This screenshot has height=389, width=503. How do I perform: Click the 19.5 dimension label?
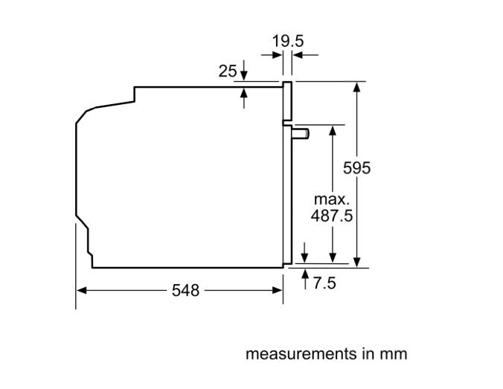coord(288,41)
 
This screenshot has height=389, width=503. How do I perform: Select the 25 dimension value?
coord(228,71)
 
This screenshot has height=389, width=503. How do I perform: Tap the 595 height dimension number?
coord(356,167)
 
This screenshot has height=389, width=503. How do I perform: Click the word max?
coord(332,199)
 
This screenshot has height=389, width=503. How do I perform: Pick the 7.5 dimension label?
coord(324,283)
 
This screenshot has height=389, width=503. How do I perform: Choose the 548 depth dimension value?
coord(185,291)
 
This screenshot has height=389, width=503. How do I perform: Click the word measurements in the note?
coord(301,354)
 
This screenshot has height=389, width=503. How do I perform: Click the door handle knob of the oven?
coord(301,134)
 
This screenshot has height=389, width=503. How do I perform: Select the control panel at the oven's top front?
coord(287,101)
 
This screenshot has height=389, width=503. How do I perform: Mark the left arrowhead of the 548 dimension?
coord(82,291)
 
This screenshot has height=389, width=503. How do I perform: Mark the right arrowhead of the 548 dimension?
coord(277,291)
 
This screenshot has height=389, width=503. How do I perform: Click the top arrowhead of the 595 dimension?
coord(356,87)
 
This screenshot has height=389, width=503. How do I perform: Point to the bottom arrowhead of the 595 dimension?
coord(356,262)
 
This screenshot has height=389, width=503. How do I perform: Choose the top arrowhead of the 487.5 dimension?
coord(333,131)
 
